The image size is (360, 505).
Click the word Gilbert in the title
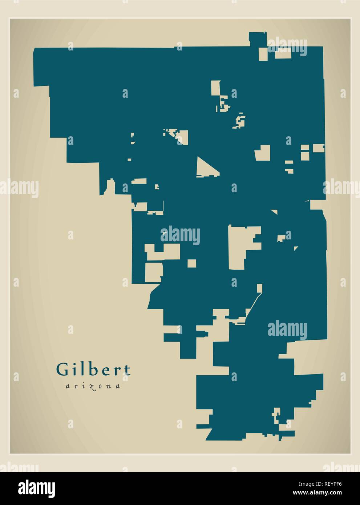tap(93, 369)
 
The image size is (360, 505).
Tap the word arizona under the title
tap(93, 387)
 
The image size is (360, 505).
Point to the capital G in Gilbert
tap(62, 369)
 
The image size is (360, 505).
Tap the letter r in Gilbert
tap(118, 370)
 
